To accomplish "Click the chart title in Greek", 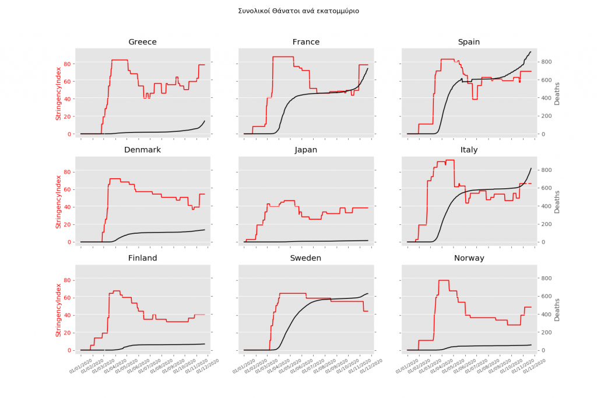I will [x=298, y=11].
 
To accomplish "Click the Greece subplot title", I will [x=142, y=42].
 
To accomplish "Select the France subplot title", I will [x=305, y=42].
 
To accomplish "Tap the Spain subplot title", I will [x=469, y=42].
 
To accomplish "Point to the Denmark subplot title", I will [x=142, y=150].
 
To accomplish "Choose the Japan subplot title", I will [x=305, y=150].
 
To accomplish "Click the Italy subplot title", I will [x=469, y=150].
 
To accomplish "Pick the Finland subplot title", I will [x=142, y=258].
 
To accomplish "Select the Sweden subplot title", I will [x=305, y=258].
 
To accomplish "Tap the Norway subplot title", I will [x=469, y=258].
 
